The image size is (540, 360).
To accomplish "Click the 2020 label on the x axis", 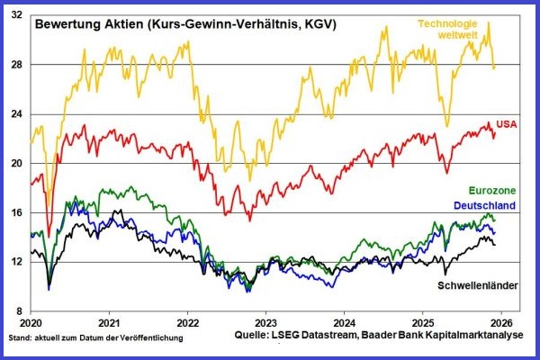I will pos(31,322).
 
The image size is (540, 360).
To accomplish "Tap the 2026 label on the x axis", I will pos(501,322).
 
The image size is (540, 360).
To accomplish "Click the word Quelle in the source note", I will pos(274,337).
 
